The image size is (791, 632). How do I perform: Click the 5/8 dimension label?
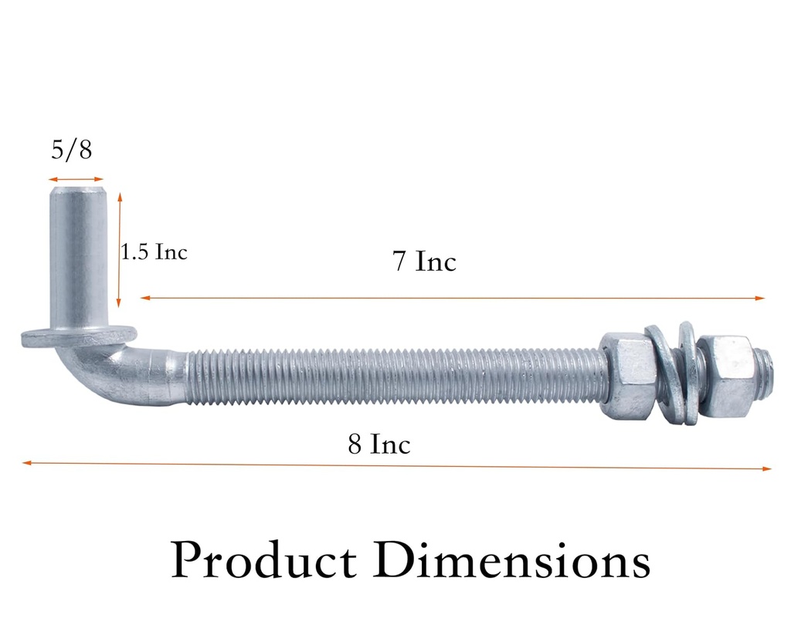71,149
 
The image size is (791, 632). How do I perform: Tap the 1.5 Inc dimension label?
154,252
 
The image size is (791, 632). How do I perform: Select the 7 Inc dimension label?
424,262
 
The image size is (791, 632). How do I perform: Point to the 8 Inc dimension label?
379,444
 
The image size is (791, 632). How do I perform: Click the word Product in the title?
264,562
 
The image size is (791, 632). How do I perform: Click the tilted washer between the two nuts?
669,373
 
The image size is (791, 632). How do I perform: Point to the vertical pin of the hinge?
79,255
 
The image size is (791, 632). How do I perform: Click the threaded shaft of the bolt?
394,376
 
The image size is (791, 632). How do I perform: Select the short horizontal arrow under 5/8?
76,180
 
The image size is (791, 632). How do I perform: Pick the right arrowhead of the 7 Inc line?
761,298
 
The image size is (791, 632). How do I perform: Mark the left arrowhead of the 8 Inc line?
26,463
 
